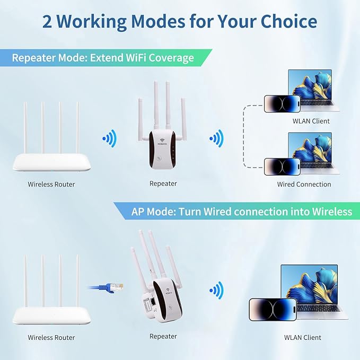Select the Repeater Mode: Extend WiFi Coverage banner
click(x=103, y=57)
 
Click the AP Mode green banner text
click(x=241, y=212)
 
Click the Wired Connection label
click(x=304, y=185)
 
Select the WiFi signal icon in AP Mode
click(x=215, y=290)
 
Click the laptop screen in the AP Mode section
click(x=313, y=288)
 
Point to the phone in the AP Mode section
click(x=271, y=311)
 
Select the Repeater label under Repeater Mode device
click(x=163, y=183)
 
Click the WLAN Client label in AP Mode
click(x=303, y=337)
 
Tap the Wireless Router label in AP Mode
click(x=51, y=337)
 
